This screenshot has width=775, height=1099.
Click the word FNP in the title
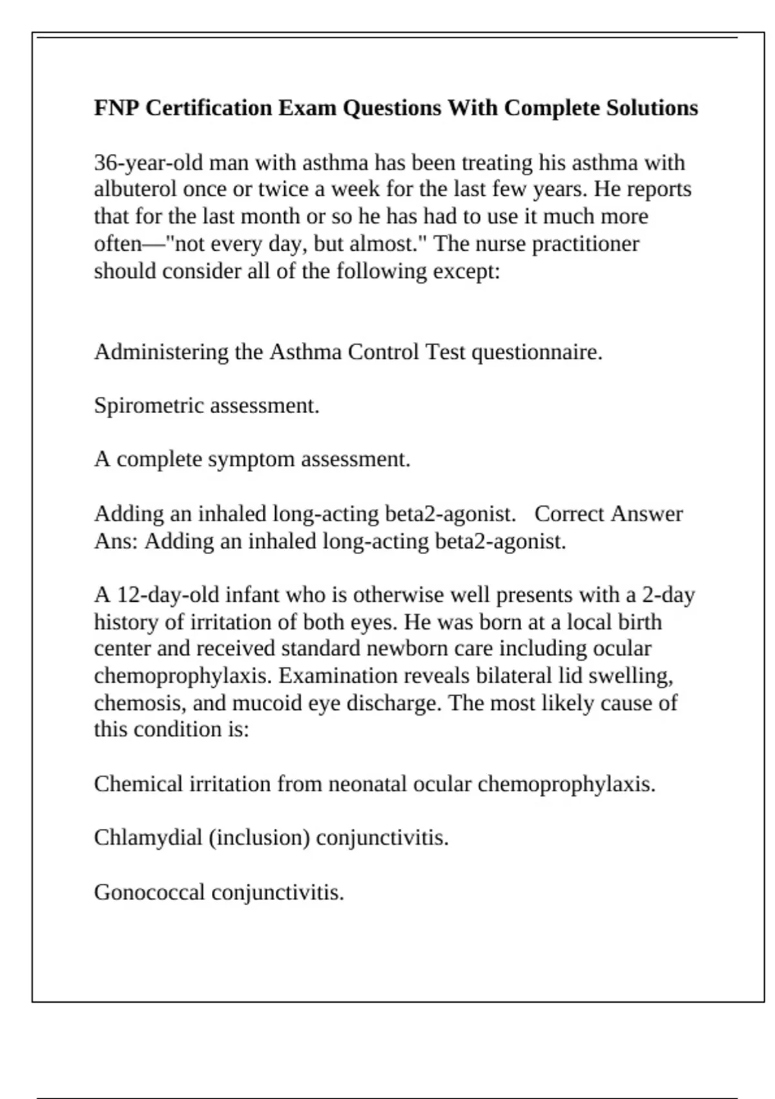point(116,107)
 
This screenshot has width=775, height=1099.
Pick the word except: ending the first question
point(466,271)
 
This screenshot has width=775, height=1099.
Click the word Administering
point(161,352)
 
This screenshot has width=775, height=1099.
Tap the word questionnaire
point(537,352)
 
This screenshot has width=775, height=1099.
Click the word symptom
point(251,460)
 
